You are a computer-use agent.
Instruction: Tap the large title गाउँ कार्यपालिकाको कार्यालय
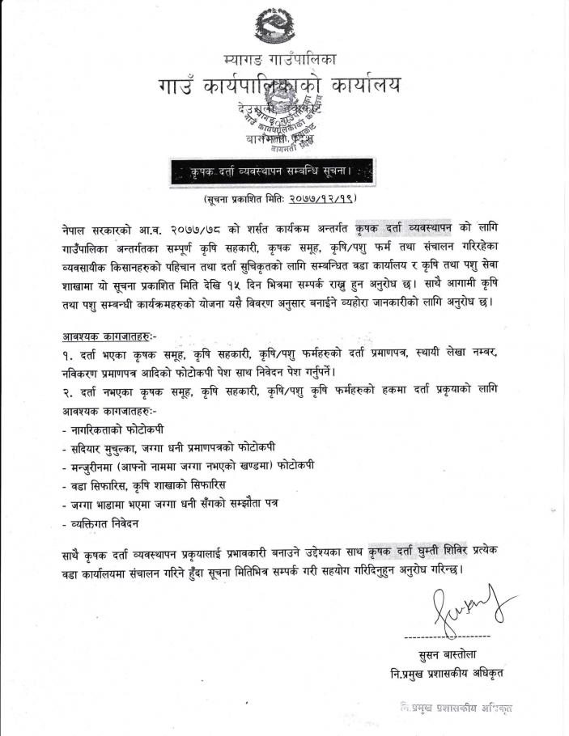point(278,86)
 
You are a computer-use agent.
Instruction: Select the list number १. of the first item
point(70,354)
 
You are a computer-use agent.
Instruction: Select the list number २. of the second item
point(70,391)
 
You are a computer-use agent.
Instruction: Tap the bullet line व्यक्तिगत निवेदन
point(100,523)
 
